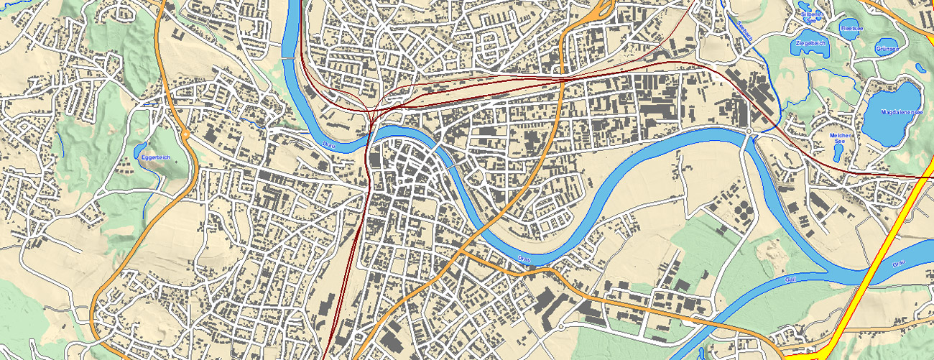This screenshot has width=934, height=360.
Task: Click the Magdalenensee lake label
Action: [x=892, y=111]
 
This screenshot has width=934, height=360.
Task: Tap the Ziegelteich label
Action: [x=810, y=43]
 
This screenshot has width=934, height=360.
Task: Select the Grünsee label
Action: [x=887, y=49]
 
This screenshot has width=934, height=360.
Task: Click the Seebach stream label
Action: [x=744, y=30]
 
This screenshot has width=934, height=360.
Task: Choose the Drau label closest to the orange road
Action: [x=524, y=257]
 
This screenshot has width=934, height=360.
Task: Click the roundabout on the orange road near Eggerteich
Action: [x=185, y=134]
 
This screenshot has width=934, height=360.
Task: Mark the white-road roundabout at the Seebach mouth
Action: [x=748, y=131]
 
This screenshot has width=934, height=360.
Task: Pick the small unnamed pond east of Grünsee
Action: [x=920, y=69]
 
